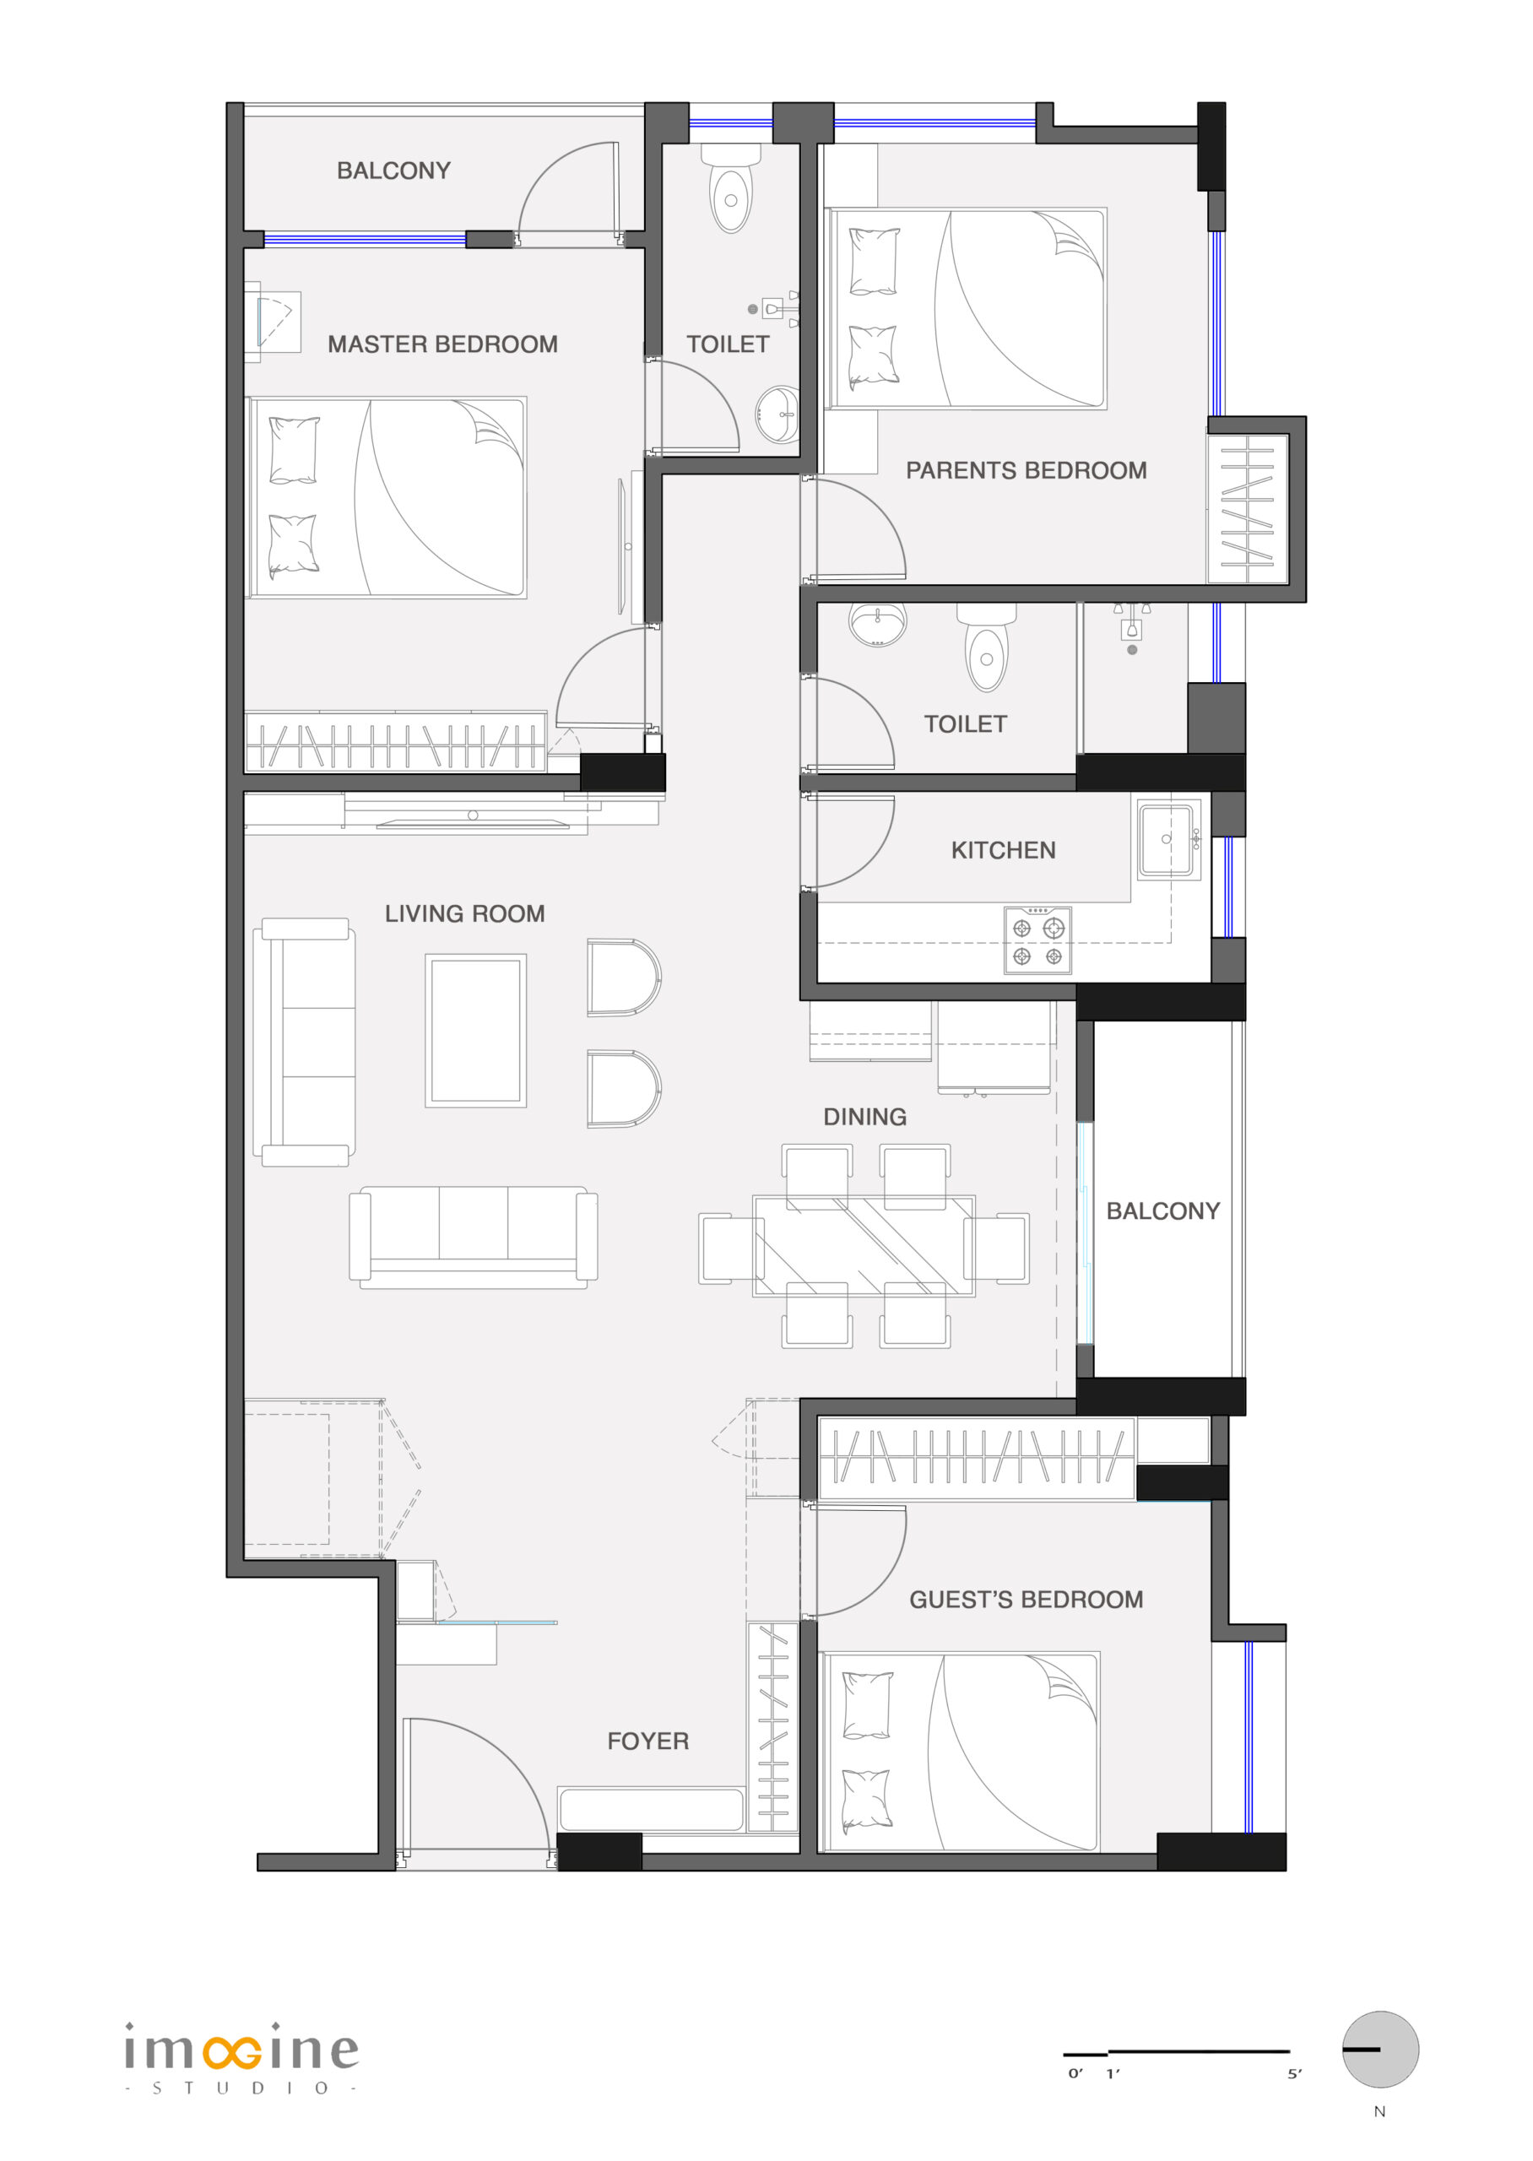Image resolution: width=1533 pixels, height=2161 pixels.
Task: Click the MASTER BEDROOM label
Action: [x=441, y=344]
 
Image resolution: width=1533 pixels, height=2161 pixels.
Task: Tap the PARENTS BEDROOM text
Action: [x=1027, y=470]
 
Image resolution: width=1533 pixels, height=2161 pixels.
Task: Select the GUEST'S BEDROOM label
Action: [x=1027, y=1599]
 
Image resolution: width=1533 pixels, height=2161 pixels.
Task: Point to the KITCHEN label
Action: [x=1003, y=850]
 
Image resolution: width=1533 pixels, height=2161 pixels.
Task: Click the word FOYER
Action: [x=647, y=1741]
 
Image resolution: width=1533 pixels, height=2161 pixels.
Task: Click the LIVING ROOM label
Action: [x=464, y=913]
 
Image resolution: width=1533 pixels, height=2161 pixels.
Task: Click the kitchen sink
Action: [x=1168, y=840]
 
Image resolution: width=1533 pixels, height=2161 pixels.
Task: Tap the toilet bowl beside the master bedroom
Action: [x=731, y=189]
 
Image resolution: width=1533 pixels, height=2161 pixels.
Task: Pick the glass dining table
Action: [x=864, y=1246]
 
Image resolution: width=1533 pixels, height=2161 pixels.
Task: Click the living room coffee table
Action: [x=476, y=1031]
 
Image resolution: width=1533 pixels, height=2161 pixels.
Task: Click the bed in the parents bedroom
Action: [x=966, y=309]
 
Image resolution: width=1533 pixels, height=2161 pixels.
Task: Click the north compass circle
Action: [x=1380, y=2049]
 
